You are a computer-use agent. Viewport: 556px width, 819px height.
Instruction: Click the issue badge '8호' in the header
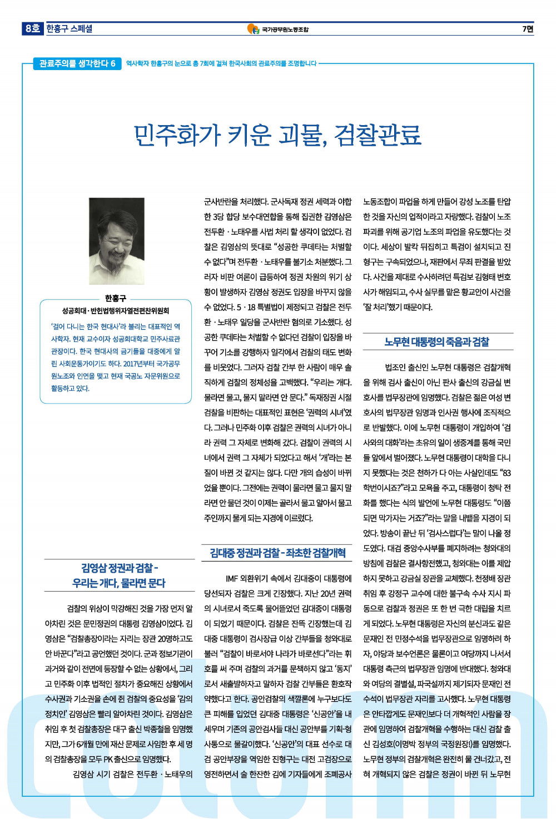32,28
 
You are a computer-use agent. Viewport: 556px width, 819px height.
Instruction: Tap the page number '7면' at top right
527,29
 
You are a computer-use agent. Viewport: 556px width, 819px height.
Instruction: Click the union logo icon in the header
253,29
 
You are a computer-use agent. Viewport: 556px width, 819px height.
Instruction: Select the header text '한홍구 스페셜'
69,29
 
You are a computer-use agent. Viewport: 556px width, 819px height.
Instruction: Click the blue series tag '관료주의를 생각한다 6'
77,63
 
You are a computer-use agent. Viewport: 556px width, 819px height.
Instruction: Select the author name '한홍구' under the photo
116,299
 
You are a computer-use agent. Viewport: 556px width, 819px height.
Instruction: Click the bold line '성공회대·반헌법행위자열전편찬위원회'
116,311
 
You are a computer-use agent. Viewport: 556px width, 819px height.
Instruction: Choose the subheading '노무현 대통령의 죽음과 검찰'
437,342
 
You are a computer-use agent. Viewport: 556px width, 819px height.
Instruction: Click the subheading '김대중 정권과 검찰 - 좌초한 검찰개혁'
277,553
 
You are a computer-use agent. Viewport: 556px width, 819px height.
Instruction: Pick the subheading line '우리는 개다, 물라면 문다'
119,583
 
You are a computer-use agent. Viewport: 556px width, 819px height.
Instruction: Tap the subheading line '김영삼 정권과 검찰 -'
120,568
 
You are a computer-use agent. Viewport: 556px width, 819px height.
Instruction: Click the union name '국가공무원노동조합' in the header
285,29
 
